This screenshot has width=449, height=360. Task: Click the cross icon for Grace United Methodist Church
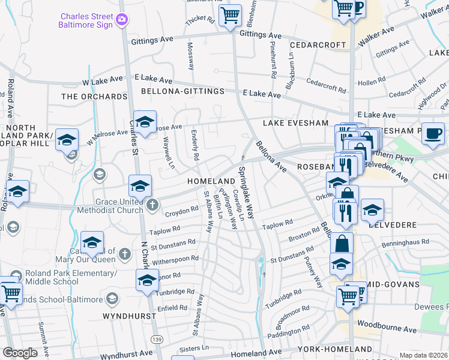pos(152,205)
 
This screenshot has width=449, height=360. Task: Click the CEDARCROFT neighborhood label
pos(318,45)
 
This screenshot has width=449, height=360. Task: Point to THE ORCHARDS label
pos(94,97)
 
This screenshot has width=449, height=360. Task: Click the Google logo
pos(20,352)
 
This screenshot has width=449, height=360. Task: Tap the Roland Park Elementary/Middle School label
pos(71,277)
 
